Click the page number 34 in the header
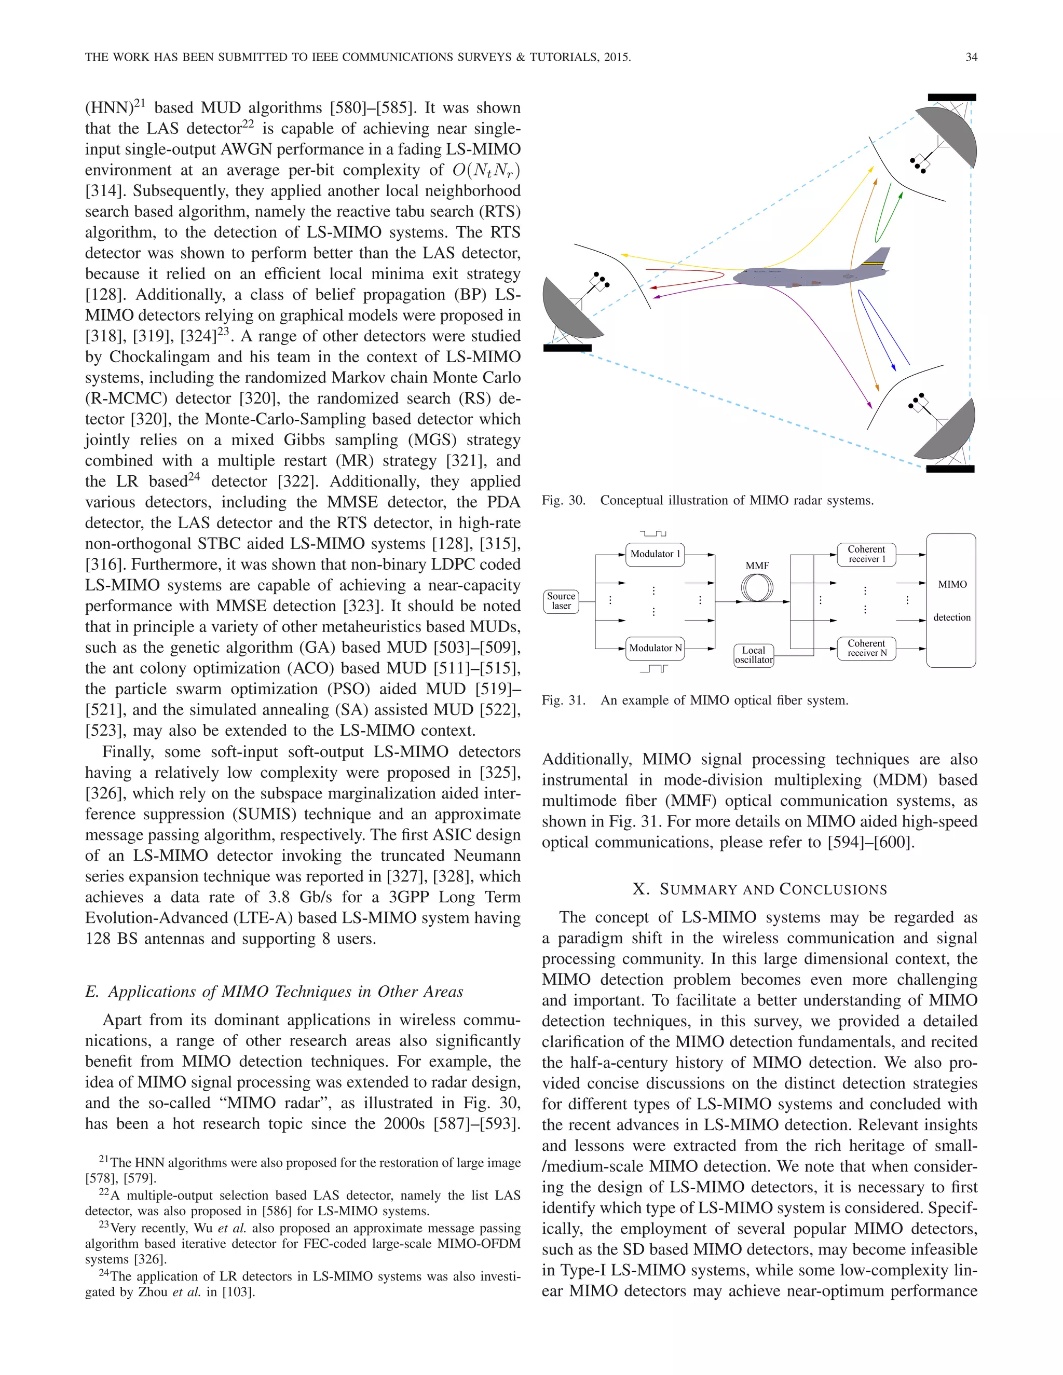(x=971, y=57)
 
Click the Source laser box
(x=561, y=601)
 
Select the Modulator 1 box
(x=655, y=554)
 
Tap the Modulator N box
(x=655, y=648)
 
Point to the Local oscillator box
(x=753, y=655)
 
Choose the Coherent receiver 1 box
(x=866, y=554)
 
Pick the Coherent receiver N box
(x=866, y=648)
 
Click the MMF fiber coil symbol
(x=757, y=589)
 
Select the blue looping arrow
(x=882, y=331)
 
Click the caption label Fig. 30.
(x=563, y=501)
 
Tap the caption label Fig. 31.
(x=563, y=700)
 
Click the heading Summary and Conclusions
(x=759, y=889)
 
